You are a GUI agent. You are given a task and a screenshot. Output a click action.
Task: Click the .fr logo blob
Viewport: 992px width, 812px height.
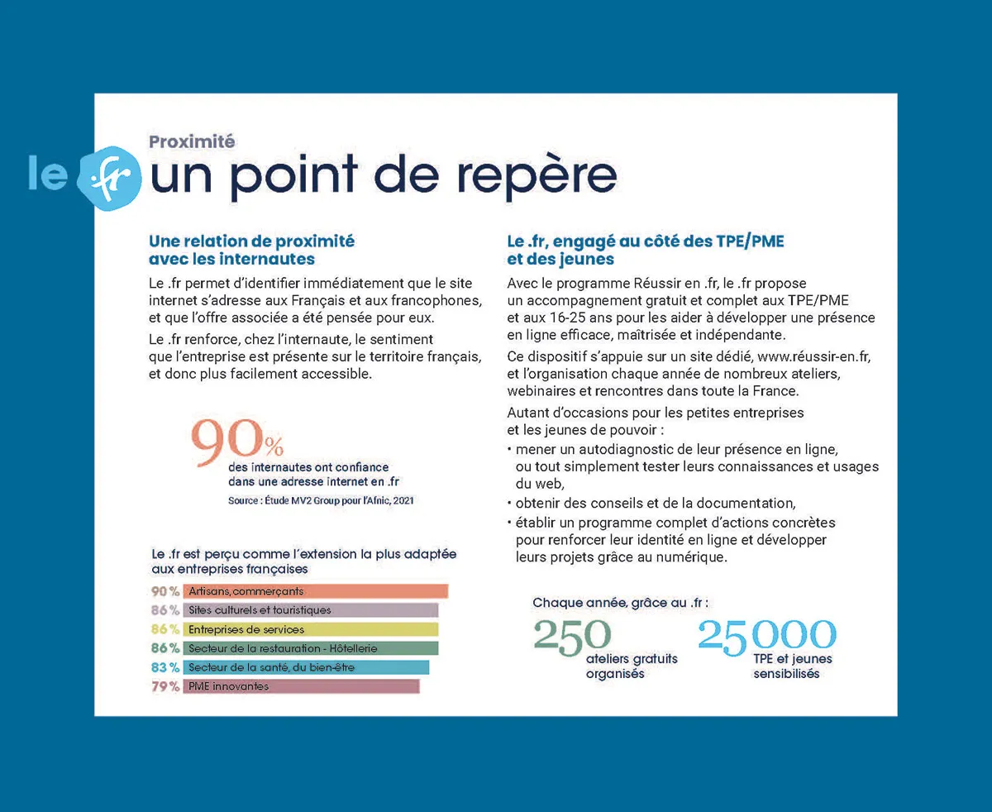click(x=109, y=177)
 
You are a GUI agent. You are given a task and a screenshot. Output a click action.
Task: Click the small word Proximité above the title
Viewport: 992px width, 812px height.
click(x=192, y=141)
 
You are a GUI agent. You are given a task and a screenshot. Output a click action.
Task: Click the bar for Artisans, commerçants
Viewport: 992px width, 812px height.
click(x=315, y=591)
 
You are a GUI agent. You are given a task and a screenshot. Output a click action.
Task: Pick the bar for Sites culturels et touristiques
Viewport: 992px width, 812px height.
click(x=310, y=610)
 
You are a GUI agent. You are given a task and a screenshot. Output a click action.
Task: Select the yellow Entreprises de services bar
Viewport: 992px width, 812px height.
click(x=310, y=629)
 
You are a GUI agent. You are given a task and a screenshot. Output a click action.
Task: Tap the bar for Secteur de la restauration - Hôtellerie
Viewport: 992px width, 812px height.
click(x=310, y=648)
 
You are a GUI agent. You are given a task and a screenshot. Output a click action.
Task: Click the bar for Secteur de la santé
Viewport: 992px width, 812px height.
click(x=306, y=667)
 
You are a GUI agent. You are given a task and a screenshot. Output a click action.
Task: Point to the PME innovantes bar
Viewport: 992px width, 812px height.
click(x=301, y=686)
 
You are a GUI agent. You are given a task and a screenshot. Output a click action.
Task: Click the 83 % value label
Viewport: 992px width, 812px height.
click(x=165, y=667)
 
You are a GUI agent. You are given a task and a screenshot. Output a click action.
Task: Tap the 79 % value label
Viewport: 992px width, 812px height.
click(x=165, y=686)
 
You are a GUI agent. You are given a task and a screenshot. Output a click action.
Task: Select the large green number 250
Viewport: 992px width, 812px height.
click(x=572, y=635)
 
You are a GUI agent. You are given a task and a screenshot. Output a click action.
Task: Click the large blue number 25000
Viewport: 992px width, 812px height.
click(x=767, y=635)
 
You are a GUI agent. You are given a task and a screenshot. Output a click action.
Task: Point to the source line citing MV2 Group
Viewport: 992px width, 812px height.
click(x=321, y=500)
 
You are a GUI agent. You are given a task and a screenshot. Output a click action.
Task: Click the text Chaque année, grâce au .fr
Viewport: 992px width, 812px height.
click(x=621, y=603)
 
